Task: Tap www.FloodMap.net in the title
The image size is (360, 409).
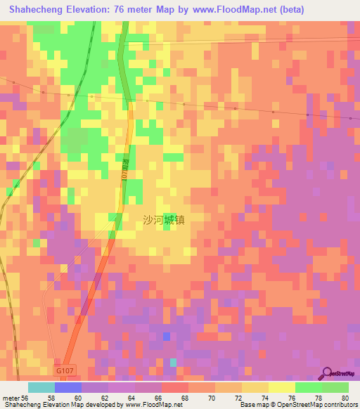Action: [210, 9]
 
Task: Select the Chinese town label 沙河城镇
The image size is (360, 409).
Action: [163, 219]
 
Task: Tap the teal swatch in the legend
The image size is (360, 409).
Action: [41, 387]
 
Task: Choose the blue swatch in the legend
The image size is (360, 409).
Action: [67, 387]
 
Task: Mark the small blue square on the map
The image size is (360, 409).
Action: [166, 337]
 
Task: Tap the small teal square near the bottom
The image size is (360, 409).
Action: [173, 363]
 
